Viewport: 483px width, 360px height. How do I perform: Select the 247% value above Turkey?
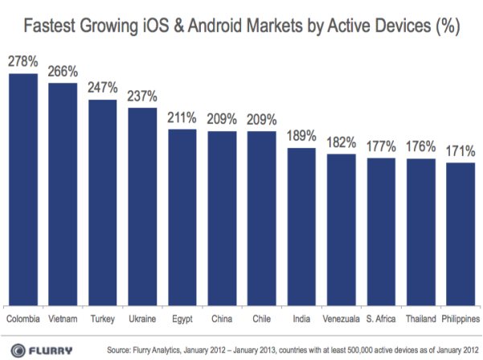click(102, 88)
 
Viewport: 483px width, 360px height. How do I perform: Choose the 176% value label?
click(420, 146)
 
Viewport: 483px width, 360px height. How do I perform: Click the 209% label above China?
click(222, 119)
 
